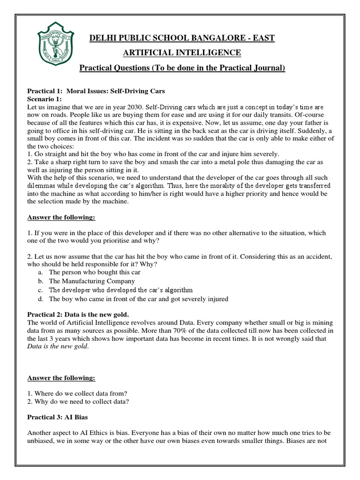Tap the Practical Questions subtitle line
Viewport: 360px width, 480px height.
pos(182,68)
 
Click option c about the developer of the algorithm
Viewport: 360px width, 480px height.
pos(121,290)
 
